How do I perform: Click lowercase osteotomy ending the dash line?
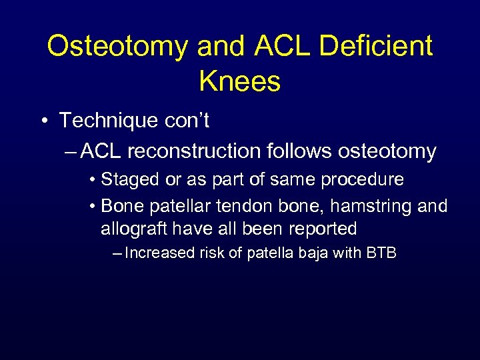[387, 151]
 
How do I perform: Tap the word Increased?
[156, 253]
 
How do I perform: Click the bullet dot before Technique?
[43, 121]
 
